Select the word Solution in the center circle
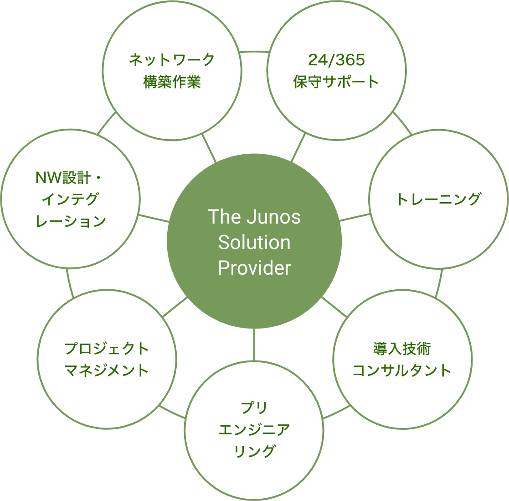coord(254,242)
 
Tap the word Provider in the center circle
coord(254,268)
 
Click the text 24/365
coord(336,60)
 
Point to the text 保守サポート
coord(336,82)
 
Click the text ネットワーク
coord(172,60)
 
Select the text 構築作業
coord(172,82)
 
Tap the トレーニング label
coord(438,199)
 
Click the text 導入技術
coord(402,349)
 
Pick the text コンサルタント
coord(402,370)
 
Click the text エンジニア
coord(254,429)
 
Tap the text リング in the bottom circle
coord(254,451)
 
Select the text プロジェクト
coord(107,349)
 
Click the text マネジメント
coord(107,370)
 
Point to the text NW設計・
coord(70,177)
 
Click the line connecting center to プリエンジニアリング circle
coord(254,344)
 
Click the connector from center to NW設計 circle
coord(154,218)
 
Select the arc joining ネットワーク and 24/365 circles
coord(254,52)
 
